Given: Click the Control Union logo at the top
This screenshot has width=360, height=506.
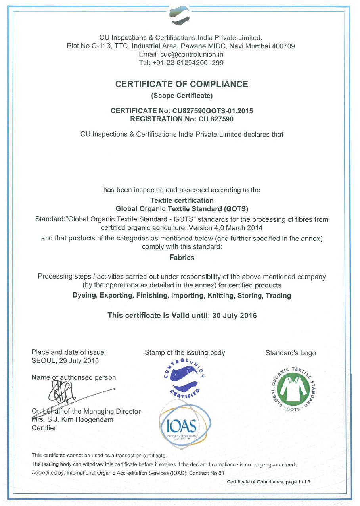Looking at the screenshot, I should tap(180, 16).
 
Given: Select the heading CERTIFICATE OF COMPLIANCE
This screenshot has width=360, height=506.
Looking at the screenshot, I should tap(182, 84).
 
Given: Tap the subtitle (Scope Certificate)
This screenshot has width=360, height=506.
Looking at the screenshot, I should tap(182, 96).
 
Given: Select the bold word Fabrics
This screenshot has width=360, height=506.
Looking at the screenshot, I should tap(182, 258).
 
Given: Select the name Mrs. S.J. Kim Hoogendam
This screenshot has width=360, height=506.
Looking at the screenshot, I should tap(72, 419).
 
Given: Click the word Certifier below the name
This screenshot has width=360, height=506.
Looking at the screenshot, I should tap(44, 428).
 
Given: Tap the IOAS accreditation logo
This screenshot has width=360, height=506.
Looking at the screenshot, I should tap(185, 427).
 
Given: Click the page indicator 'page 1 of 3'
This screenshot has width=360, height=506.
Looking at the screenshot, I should tap(294, 482).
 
